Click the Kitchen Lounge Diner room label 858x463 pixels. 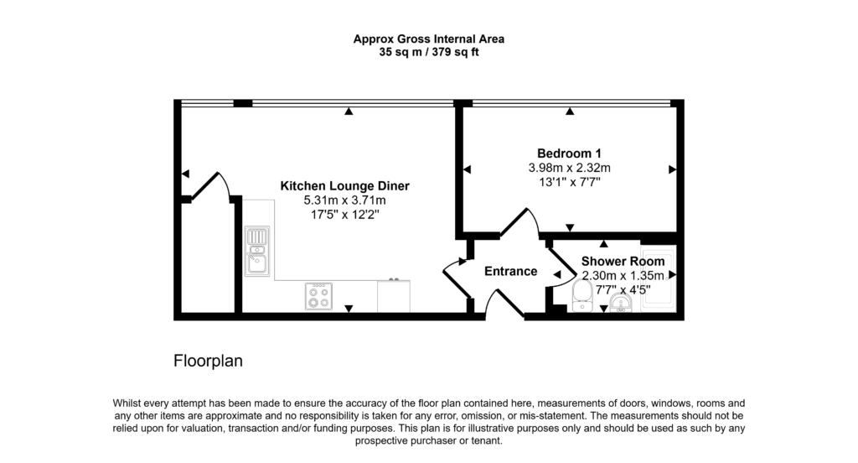[x=344, y=185]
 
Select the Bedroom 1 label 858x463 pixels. [x=569, y=153]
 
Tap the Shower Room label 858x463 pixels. [x=623, y=262]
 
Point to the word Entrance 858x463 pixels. [x=510, y=271]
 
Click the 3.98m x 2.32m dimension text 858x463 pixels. [x=569, y=168]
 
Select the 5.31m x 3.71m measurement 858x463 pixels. [x=344, y=200]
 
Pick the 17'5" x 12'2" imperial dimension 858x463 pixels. [x=344, y=215]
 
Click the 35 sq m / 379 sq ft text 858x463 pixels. [x=428, y=52]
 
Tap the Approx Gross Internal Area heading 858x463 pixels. [x=428, y=39]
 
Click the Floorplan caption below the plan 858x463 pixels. [x=208, y=362]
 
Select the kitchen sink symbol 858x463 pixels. [x=256, y=251]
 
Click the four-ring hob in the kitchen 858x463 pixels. [x=318, y=296]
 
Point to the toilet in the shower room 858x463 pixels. [x=581, y=294]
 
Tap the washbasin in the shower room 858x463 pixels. [x=621, y=303]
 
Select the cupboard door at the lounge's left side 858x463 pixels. [x=209, y=186]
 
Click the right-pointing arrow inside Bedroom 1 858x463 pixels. [x=672, y=169]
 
